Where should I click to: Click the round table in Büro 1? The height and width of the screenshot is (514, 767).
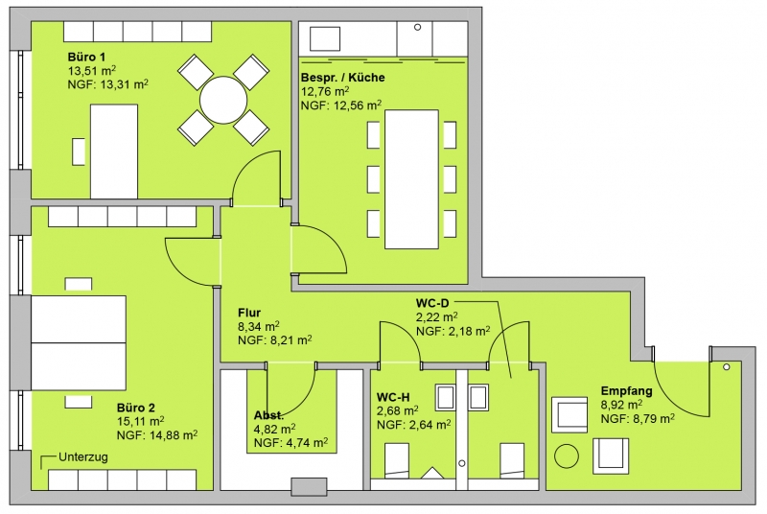point(223,101)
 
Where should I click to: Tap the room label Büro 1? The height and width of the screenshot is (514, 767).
point(86,58)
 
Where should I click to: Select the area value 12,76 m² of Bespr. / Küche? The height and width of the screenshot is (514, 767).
point(325,91)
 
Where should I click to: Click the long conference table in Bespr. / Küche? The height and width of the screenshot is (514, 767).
point(411,179)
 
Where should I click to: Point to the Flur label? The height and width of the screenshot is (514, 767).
point(249,313)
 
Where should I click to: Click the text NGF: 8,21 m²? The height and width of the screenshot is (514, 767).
point(275,339)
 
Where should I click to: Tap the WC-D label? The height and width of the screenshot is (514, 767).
point(432,304)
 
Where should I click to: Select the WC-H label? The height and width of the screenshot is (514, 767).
point(393,397)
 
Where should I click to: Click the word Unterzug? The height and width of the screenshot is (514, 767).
point(83,457)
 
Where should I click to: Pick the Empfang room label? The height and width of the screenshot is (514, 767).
point(627,390)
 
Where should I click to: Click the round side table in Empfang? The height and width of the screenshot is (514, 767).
point(567,456)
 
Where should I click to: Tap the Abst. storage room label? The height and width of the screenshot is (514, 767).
point(268,415)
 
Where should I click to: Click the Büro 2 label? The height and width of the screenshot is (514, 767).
point(136,408)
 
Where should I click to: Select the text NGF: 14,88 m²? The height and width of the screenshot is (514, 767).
point(157,434)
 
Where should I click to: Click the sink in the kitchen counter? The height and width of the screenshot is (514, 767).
point(325,38)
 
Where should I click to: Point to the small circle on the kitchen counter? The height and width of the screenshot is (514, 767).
point(417,28)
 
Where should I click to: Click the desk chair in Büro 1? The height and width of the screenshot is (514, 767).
point(79,152)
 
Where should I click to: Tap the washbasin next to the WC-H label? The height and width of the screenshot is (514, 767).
point(445,397)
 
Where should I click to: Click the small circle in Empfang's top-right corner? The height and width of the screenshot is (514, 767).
point(727,366)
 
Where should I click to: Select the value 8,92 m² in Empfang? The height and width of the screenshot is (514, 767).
point(621,405)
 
